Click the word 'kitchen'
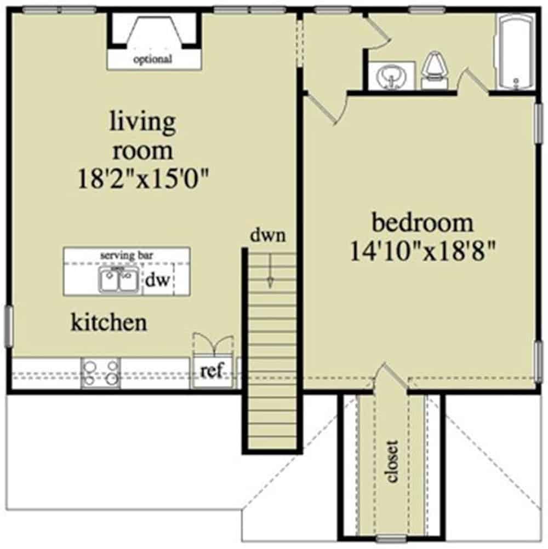[x=109, y=322]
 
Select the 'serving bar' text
[x=127, y=255]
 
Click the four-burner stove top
[x=100, y=372]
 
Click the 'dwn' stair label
[x=268, y=236]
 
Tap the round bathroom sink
[x=391, y=76]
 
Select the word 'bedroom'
[x=422, y=223]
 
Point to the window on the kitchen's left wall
[x=9, y=326]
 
